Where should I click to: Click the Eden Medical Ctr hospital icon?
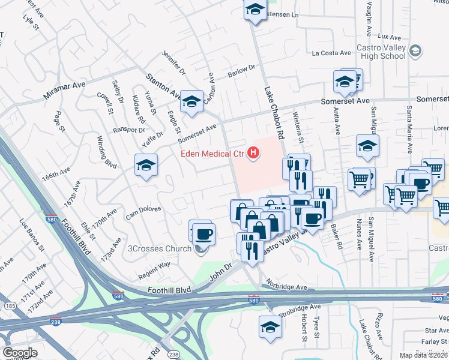(x=254, y=154)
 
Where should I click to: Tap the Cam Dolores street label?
(x=143, y=211)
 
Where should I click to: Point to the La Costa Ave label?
(x=331, y=53)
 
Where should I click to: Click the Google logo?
(x=20, y=352)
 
